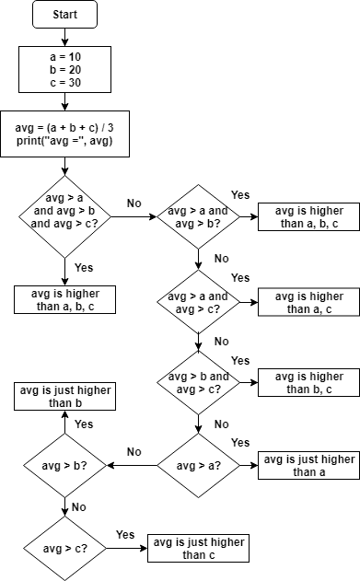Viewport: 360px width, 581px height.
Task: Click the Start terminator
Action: pos(64,15)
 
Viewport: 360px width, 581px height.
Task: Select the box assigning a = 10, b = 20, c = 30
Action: pos(64,69)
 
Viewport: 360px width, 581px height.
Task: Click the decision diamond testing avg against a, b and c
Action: pos(64,217)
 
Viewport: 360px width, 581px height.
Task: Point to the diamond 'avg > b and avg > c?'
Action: pos(198,383)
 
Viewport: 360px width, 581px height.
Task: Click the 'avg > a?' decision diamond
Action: pos(198,466)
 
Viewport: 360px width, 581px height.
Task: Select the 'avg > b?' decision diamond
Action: pos(64,466)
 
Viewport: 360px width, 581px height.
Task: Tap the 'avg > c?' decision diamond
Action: pos(64,549)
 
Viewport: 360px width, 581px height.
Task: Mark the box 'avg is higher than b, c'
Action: pos(308,383)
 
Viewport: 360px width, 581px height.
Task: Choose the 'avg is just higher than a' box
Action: pos(308,465)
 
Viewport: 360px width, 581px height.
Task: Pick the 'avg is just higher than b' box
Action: pos(64,397)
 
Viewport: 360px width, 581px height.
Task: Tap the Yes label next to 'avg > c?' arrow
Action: pos(125,535)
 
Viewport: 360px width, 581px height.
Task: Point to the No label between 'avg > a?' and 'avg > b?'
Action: pos(134,452)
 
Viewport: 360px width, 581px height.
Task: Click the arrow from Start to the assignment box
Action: pos(64,38)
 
